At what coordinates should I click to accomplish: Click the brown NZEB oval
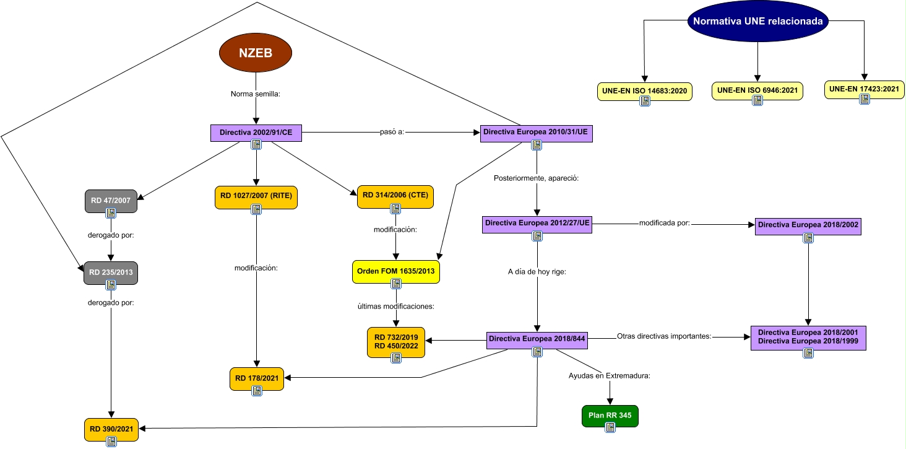click(256, 53)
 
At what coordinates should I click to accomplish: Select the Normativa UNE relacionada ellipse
click(757, 20)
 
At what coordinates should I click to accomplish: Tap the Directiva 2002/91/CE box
click(256, 133)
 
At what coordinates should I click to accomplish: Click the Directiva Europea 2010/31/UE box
click(536, 133)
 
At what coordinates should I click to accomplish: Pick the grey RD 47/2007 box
click(111, 201)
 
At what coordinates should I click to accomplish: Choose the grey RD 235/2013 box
click(111, 272)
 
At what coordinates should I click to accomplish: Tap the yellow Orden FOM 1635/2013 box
click(395, 271)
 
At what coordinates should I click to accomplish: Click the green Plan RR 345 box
click(610, 416)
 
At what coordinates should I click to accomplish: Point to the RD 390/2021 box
click(111, 429)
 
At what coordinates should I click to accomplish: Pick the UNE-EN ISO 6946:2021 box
click(757, 91)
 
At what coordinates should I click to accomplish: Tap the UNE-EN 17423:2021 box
click(865, 89)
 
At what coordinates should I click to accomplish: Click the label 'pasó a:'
click(391, 133)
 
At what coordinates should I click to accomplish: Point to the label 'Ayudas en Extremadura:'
click(609, 376)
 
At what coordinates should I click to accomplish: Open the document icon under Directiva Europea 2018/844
click(537, 352)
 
